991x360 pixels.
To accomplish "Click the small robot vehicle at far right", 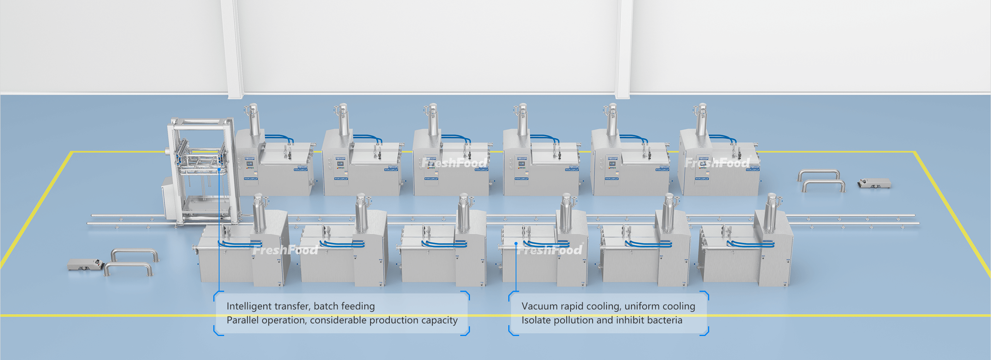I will pos(874,183).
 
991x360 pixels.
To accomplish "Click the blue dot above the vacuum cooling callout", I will pos(516,243).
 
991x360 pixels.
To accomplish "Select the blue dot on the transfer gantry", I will pos(219,169).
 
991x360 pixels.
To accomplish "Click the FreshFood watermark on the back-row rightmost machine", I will pos(718,163).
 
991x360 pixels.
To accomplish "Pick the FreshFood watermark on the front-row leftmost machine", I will pos(285,250).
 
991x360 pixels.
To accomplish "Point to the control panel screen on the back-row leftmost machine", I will pos(250,163).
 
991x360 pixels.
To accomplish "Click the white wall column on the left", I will pos(232,48).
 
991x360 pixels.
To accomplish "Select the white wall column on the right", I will pos(624,48).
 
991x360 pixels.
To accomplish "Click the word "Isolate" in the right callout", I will pos(536,320).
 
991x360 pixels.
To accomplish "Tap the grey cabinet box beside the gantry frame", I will pos(169,201).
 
